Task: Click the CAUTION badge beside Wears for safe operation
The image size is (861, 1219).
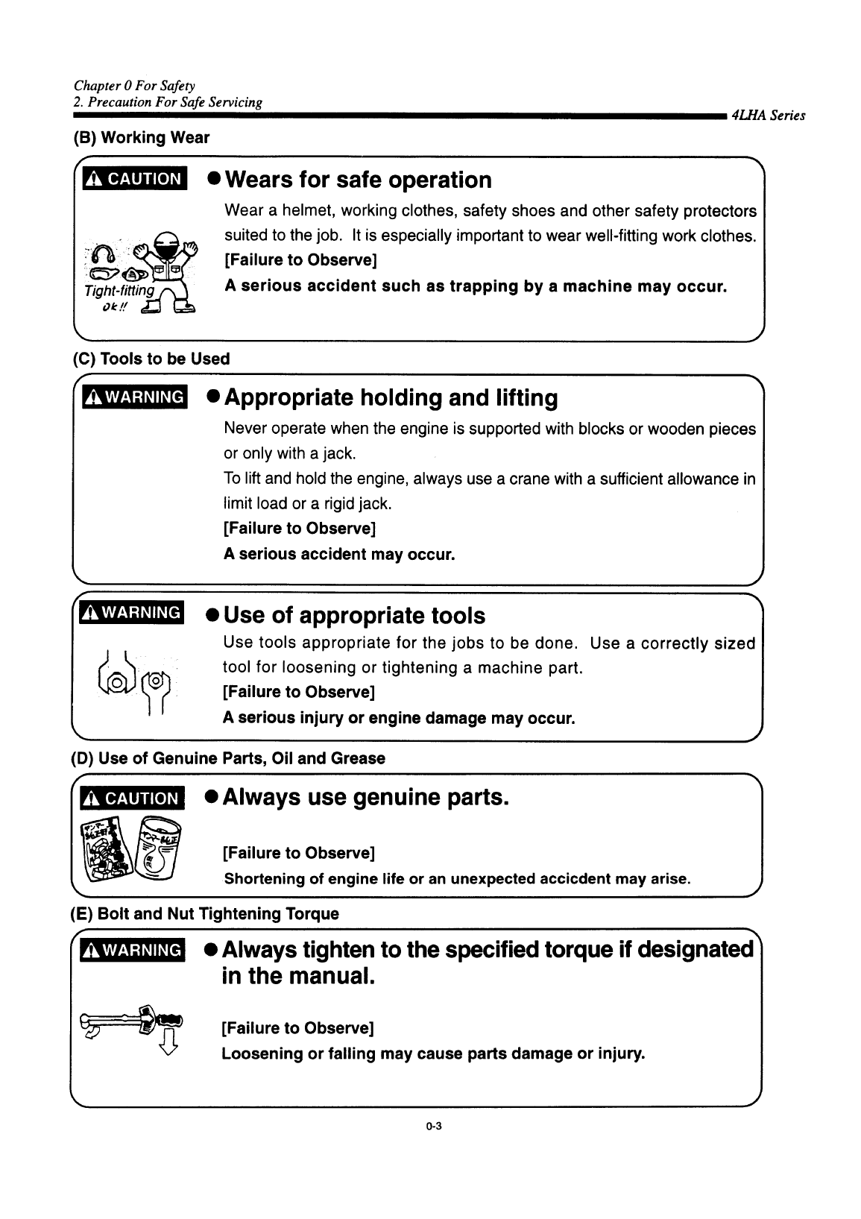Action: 134,179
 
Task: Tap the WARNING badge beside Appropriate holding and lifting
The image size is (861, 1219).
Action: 134,396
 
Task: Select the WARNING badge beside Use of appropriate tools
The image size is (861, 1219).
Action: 133,613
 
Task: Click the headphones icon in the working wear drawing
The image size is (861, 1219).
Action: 101,253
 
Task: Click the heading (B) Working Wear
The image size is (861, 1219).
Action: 141,138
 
